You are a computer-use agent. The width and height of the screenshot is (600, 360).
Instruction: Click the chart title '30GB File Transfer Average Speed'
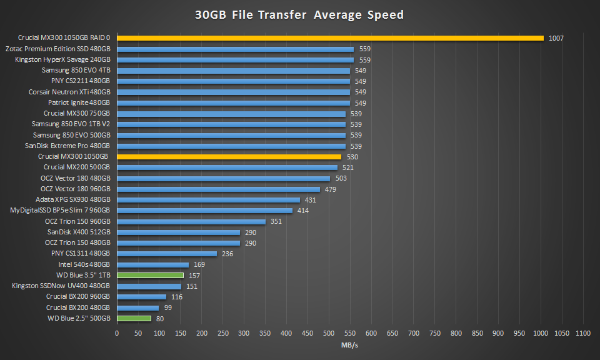(x=299, y=14)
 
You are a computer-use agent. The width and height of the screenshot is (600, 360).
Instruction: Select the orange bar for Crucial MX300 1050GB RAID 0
(x=330, y=38)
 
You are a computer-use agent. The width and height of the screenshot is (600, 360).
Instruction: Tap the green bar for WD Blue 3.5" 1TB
(x=150, y=275)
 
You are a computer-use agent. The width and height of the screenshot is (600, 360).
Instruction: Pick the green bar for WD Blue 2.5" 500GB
(x=134, y=318)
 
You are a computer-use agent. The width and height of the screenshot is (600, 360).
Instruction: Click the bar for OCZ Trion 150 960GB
(x=191, y=221)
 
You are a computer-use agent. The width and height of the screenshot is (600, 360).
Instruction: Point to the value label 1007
(x=556, y=38)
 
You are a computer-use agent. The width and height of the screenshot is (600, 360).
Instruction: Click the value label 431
(x=309, y=200)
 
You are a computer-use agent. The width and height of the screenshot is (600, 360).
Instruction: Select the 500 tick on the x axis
(x=329, y=333)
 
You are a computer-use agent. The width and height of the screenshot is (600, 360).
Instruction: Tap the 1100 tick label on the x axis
(x=583, y=333)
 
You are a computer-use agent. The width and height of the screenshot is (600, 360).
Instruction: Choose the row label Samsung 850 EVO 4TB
(x=76, y=71)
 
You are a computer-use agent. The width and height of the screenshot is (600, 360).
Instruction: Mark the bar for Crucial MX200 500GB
(x=227, y=167)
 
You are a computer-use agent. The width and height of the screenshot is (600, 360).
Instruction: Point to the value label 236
(x=226, y=254)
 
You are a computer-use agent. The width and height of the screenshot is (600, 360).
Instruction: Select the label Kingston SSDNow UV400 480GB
(x=61, y=286)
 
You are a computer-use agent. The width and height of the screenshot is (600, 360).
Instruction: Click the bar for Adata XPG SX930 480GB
(x=208, y=200)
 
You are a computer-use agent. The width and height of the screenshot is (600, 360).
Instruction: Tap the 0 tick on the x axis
(x=117, y=333)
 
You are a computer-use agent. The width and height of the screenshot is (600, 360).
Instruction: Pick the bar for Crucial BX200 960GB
(x=141, y=297)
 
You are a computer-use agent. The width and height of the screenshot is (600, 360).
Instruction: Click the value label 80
(x=160, y=319)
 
